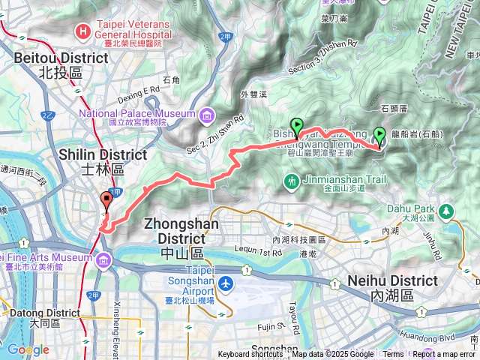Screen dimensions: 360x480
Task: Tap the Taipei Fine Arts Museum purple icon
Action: (x=102, y=259)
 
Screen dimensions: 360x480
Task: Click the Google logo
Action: (x=28, y=349)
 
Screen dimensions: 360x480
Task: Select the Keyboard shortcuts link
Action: (x=250, y=355)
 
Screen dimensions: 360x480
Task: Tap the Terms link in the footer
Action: (x=393, y=355)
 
